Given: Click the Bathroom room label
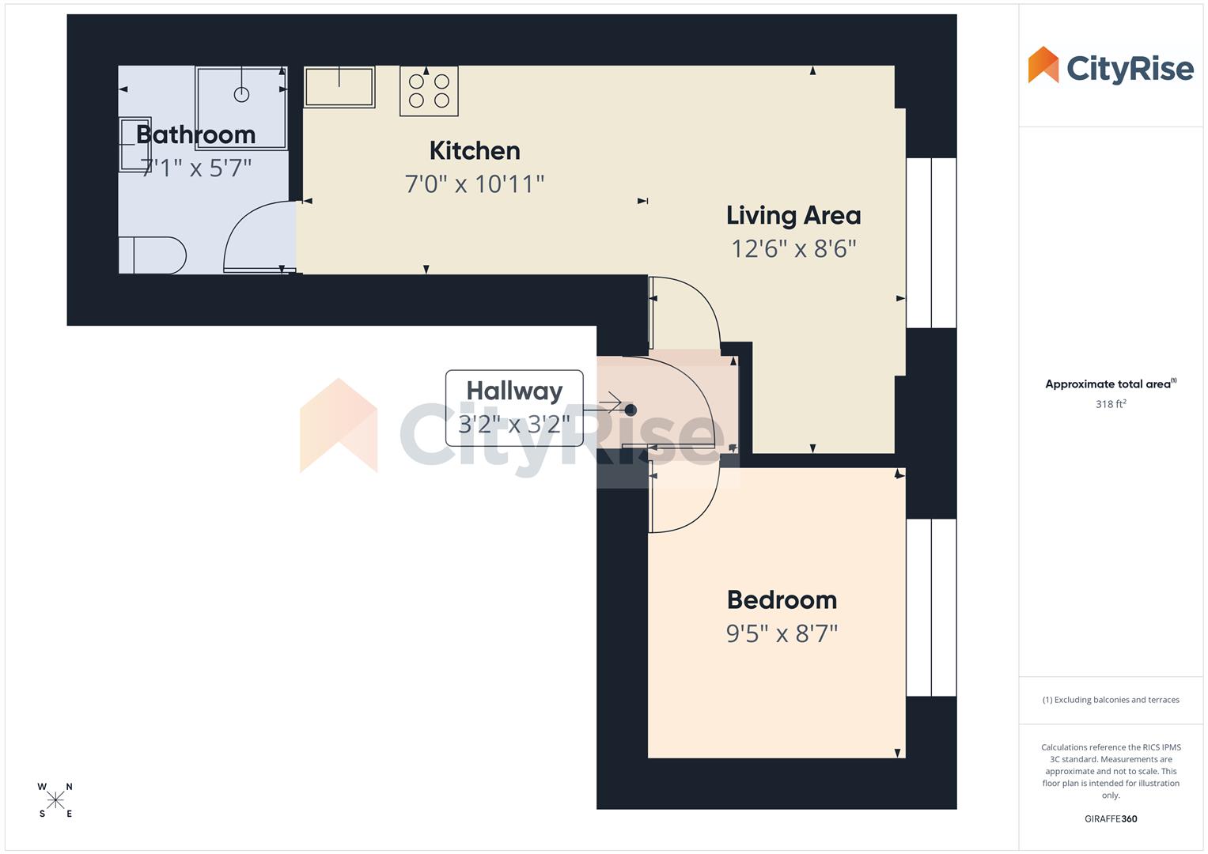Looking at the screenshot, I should tap(195, 134).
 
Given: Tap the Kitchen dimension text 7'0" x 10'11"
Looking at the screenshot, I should tap(475, 184).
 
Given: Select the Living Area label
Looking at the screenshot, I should tap(793, 215).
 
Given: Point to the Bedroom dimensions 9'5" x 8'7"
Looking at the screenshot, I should tap(782, 633).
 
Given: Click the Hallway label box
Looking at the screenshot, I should tap(514, 407).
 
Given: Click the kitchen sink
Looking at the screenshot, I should tap(339, 86).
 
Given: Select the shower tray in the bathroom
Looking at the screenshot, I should tap(241, 108).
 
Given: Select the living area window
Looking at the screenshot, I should tap(931, 243).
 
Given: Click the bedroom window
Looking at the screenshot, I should tap(931, 607).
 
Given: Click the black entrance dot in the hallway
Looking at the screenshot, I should tap(631, 410).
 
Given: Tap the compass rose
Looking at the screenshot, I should tap(55, 800).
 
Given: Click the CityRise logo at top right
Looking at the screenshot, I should tap(1111, 66).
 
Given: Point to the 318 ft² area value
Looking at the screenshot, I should tap(1111, 404).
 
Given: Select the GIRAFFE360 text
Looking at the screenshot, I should tap(1111, 819).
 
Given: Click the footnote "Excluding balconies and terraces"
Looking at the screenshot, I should tap(1111, 700).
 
